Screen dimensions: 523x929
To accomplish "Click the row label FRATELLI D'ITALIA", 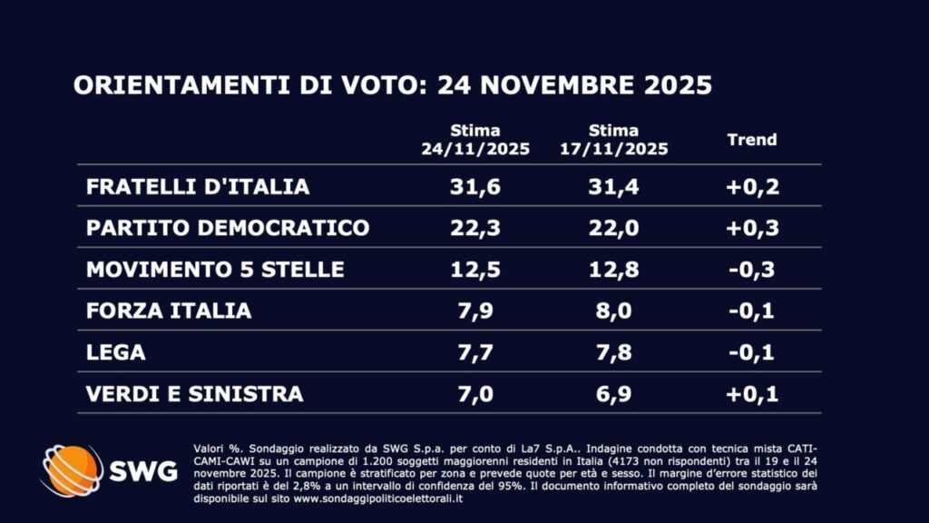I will (x=198, y=187).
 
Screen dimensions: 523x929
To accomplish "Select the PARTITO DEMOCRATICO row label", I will (x=228, y=228).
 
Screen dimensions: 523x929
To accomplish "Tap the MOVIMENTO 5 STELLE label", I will (x=215, y=270).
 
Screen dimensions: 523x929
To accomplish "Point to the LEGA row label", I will (x=115, y=352).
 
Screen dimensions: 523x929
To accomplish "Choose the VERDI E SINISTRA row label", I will (x=194, y=394).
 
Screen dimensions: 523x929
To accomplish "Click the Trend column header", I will (x=752, y=140).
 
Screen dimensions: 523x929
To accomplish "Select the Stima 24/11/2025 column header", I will (x=475, y=140).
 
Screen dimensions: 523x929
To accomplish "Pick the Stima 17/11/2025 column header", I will (x=613, y=140).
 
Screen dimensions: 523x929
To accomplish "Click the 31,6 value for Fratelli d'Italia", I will (x=475, y=187).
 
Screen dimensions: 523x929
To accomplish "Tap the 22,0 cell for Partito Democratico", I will (x=613, y=228).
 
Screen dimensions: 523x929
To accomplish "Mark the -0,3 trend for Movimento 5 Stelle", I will (x=753, y=270).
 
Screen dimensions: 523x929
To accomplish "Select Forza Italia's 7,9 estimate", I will (x=475, y=311).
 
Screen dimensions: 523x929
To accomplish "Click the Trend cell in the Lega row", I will (x=753, y=352).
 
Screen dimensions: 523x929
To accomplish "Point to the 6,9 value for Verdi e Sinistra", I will (x=613, y=394).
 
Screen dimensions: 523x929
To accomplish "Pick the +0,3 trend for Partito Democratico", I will (x=753, y=228).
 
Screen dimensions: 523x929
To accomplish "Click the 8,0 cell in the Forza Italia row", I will (x=613, y=311).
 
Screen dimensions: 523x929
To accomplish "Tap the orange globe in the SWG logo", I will (x=72, y=469).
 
